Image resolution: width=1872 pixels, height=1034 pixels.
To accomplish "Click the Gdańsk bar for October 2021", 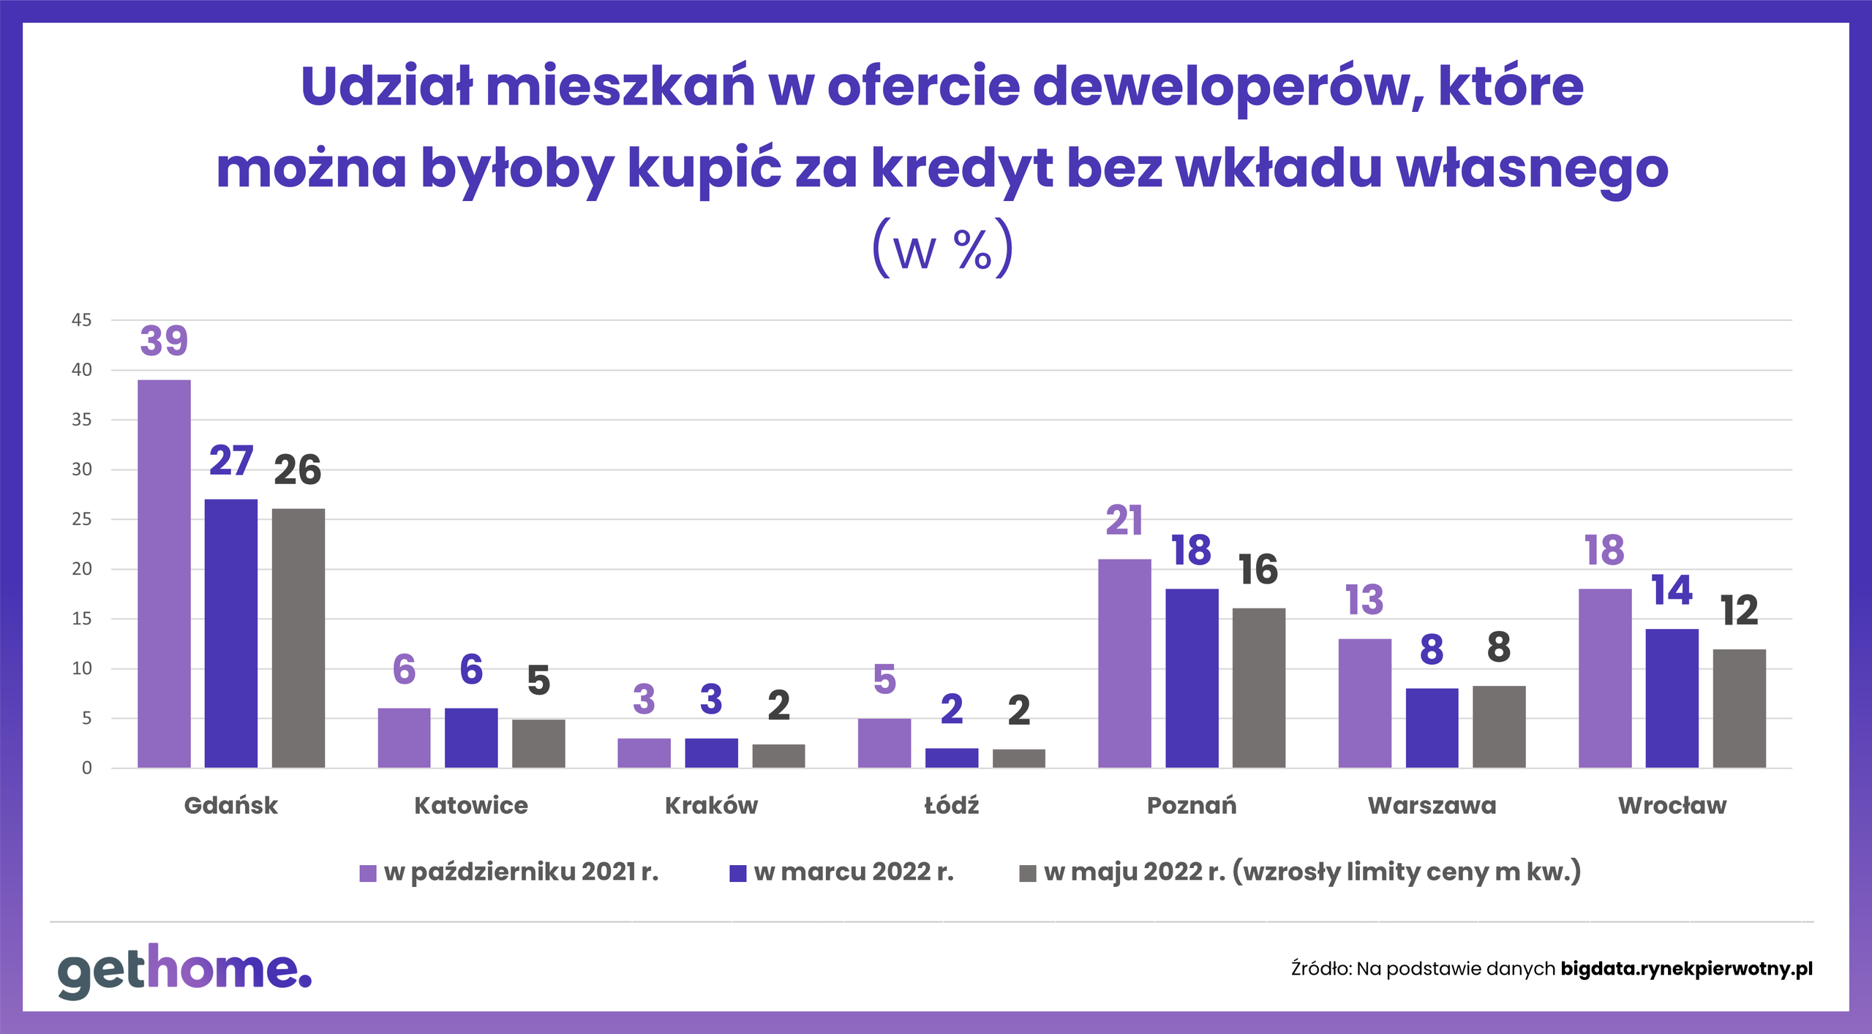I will [x=164, y=573].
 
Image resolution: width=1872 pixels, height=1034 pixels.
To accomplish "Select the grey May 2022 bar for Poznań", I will [x=1258, y=687].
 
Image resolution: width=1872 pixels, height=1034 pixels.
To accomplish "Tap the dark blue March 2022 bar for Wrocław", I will [x=1672, y=698].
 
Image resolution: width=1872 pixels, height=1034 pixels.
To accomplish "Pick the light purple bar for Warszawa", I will [x=1364, y=703].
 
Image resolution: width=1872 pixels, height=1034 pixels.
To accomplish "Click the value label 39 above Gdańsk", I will [x=164, y=341].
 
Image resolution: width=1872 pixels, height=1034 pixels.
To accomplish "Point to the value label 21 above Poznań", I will [x=1124, y=521].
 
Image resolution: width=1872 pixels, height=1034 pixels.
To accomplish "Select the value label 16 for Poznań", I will [x=1258, y=570].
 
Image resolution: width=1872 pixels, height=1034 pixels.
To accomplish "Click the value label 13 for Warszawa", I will [x=1364, y=600].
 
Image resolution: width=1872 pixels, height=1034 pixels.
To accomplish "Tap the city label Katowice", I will [x=471, y=805].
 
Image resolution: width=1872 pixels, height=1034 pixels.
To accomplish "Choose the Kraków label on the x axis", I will [x=711, y=805].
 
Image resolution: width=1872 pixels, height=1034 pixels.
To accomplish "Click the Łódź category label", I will [x=951, y=805].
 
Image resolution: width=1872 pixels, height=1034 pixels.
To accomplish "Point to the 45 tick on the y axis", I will [x=81, y=320].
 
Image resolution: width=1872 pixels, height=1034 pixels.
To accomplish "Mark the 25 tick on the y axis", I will [x=81, y=519].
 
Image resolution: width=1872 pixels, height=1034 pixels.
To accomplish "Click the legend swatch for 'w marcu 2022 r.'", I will [x=737, y=873].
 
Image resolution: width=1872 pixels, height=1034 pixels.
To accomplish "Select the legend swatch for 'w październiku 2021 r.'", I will [x=368, y=873].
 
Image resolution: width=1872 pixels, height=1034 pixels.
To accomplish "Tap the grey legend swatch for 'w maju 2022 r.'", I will [x=1027, y=873].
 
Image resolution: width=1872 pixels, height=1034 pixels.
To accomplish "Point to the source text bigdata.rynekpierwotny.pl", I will [x=1686, y=969].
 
